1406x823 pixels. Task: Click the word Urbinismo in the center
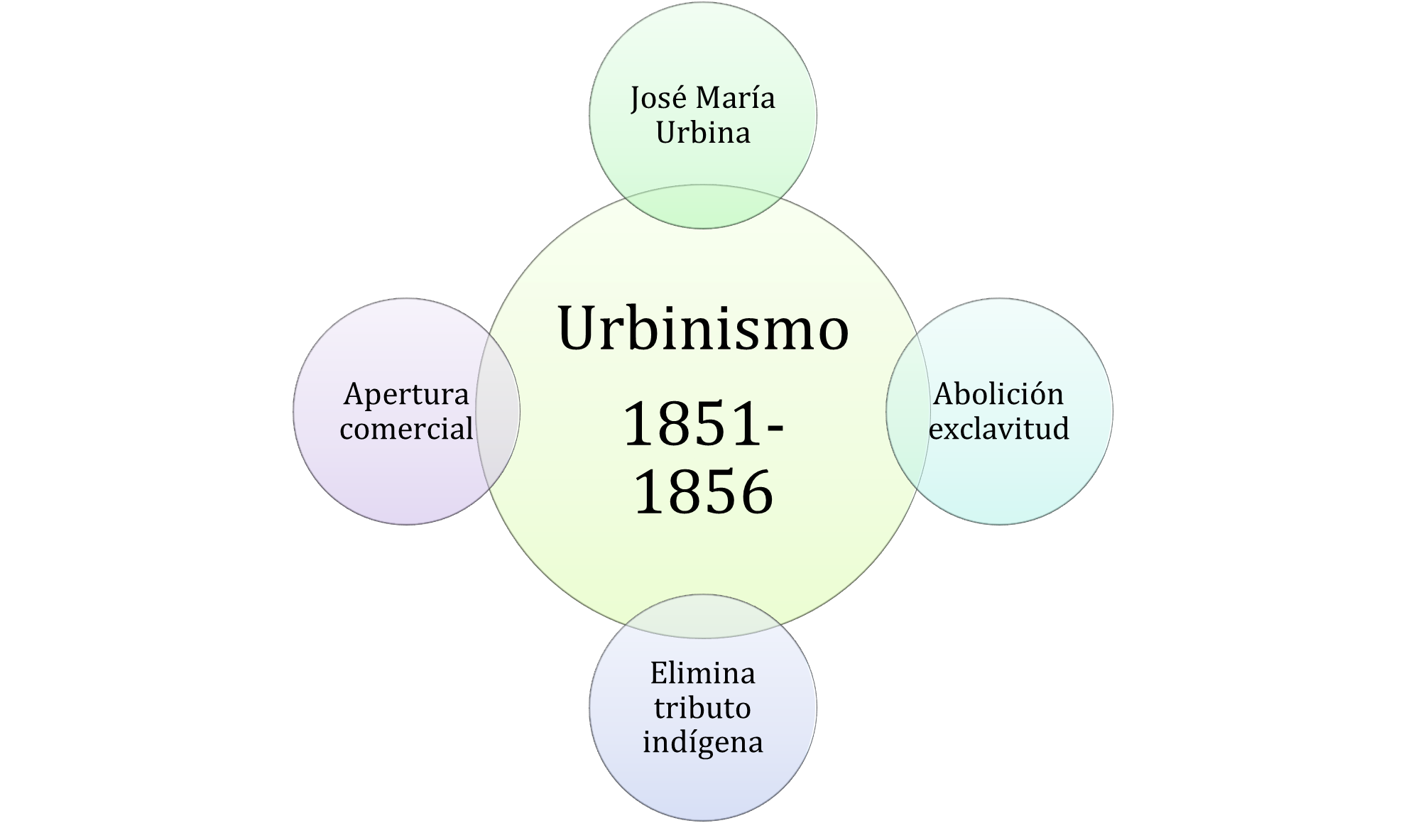[703, 328]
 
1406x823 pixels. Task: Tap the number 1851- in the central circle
[703, 425]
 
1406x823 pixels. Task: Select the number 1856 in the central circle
[703, 491]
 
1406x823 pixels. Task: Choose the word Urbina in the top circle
[703, 133]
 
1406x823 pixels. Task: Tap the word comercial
[406, 428]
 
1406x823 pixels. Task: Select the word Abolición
[998, 393]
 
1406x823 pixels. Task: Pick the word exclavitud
[998, 428]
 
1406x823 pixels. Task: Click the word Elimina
[703, 672]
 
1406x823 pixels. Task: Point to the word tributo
[703, 707]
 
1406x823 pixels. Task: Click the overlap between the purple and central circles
[498, 412]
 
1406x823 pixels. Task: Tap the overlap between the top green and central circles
[703, 207]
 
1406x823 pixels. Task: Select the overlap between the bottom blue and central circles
[703, 616]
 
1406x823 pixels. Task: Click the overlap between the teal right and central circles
[908, 412]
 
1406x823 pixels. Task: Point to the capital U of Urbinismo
[580, 328]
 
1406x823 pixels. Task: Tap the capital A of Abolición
[943, 394]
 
